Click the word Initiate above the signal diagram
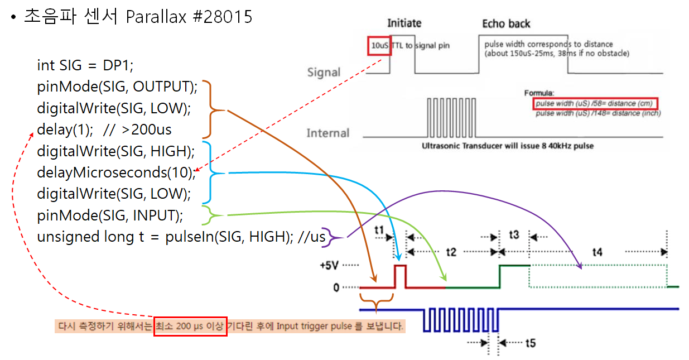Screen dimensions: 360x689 point(404,23)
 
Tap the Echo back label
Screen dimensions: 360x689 point(506,24)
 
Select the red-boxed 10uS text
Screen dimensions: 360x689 point(379,45)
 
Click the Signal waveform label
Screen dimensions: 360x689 point(324,73)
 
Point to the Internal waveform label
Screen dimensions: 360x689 point(327,133)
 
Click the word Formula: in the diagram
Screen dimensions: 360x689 point(539,93)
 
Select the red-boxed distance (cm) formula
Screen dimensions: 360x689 point(596,104)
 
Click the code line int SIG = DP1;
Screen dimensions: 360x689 point(85,65)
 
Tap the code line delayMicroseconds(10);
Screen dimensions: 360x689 point(116,172)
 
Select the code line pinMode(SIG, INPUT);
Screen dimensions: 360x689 point(110,215)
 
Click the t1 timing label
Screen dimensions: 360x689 point(379,230)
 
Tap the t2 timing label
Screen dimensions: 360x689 point(451,252)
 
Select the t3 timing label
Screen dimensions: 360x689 point(514,235)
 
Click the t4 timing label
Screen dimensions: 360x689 point(597,252)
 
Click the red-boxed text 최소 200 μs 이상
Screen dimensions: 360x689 point(190,326)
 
